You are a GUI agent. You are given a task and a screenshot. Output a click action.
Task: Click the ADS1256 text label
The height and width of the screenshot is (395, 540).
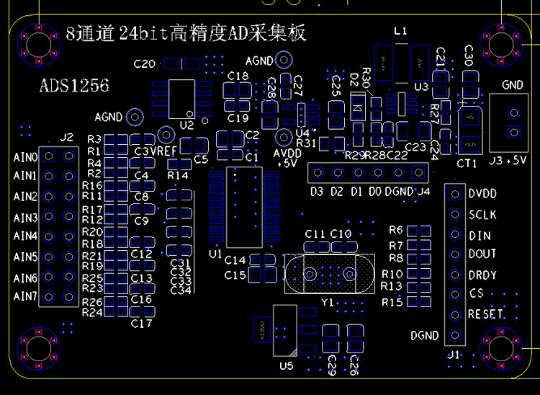click(x=74, y=86)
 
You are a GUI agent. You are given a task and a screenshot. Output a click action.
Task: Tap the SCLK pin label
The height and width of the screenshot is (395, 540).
click(x=482, y=215)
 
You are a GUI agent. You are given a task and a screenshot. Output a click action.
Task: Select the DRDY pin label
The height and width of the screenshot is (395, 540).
click(x=482, y=275)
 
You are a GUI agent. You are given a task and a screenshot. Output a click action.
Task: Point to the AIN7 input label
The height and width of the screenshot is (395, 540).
click(x=25, y=297)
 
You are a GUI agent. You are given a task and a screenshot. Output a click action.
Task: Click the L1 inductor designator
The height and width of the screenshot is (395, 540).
click(x=401, y=31)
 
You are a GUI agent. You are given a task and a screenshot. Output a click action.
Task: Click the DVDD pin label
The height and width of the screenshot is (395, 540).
click(x=482, y=194)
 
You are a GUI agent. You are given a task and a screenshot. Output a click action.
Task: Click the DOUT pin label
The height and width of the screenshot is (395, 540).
click(x=482, y=254)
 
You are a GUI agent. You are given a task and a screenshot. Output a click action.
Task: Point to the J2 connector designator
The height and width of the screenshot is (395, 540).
click(x=67, y=137)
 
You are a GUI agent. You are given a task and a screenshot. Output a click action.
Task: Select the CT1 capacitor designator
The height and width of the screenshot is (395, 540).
click(x=467, y=164)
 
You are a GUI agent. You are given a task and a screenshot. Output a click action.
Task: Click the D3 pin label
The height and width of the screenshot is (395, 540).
click(x=317, y=192)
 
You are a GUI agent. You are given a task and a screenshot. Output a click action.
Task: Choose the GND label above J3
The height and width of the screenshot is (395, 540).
click(x=513, y=85)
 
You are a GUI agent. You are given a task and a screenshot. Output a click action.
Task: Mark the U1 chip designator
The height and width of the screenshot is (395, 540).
click(x=215, y=255)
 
